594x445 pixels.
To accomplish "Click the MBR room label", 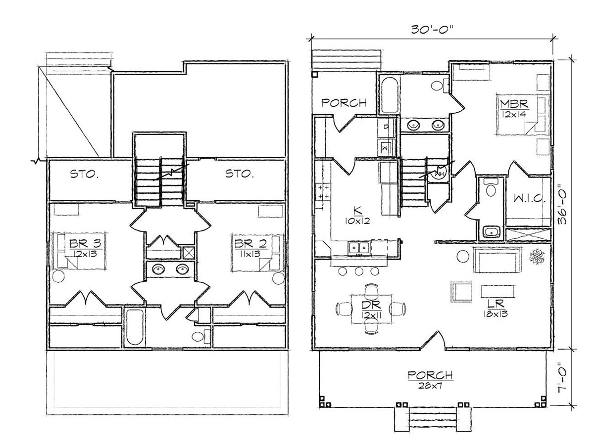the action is coord(514,104).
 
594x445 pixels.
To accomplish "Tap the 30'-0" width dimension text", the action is coord(432,30).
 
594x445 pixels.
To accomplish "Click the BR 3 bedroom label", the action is coord(85,244).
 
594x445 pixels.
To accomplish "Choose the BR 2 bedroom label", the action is coord(250,244).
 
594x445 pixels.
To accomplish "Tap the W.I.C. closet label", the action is coord(530,199).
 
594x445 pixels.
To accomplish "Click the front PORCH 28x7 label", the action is coord(430,379).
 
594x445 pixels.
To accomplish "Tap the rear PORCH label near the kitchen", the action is coord(344,103).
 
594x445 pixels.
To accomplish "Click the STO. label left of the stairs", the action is coord(84,174).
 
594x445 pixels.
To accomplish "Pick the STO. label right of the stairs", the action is coord(240,174).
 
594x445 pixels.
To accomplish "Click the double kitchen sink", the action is coord(359,248).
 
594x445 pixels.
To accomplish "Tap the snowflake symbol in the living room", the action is coord(537,256).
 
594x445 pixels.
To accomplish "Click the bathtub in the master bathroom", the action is coord(389,95).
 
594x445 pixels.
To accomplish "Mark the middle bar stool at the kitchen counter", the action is coord(359,271).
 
